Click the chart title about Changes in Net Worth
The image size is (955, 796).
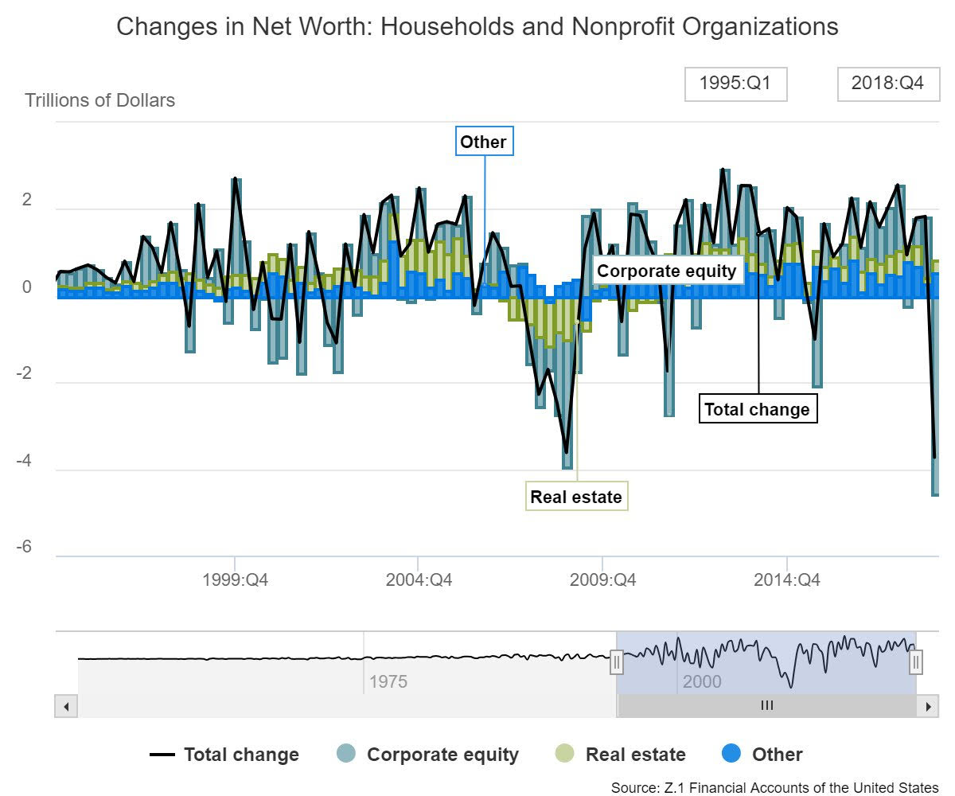click(x=477, y=27)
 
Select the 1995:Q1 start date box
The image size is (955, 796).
click(x=735, y=84)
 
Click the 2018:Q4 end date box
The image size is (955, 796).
click(x=887, y=84)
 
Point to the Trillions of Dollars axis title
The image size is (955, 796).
click(x=100, y=101)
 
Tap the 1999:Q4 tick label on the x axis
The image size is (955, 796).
click(x=236, y=580)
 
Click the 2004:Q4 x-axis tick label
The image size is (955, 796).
click(x=419, y=580)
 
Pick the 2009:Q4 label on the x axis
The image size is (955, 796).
click(x=602, y=580)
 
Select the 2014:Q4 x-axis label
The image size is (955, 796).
click(x=786, y=580)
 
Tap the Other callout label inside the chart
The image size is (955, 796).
click(x=484, y=142)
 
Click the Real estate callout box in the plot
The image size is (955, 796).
click(x=576, y=497)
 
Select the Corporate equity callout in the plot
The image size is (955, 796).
click(x=667, y=271)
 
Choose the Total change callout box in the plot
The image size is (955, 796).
click(x=758, y=409)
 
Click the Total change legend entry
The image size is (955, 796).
click(x=225, y=755)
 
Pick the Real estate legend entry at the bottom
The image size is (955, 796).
click(x=619, y=755)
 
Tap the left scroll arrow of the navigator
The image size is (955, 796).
click(x=67, y=706)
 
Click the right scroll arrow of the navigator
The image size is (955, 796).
click(x=927, y=706)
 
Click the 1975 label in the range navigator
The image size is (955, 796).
click(x=388, y=682)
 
